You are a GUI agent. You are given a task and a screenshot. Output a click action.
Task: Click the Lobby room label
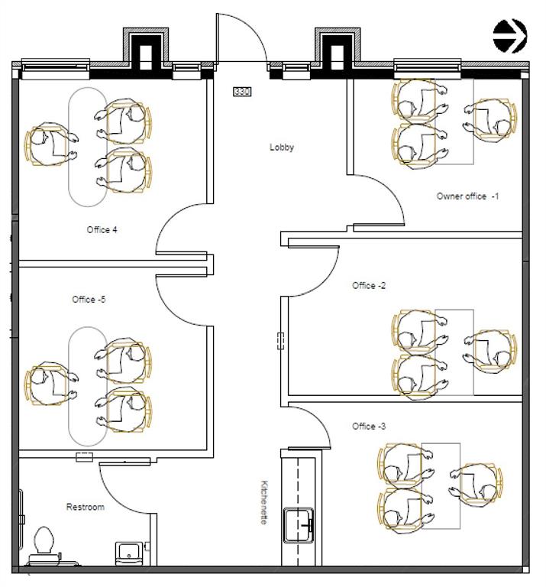[x=282, y=148]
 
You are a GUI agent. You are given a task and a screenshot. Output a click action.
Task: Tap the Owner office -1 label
[x=467, y=196]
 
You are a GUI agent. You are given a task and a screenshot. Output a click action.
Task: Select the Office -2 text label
[x=369, y=286]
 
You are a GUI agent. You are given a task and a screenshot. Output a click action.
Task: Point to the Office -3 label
[x=369, y=426]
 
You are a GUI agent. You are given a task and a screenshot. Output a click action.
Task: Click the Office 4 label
[x=102, y=230]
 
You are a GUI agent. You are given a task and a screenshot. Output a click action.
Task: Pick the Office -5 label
[x=89, y=300]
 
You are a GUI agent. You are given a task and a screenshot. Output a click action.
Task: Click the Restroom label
[x=85, y=507]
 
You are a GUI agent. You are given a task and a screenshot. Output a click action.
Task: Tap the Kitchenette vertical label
[x=264, y=501]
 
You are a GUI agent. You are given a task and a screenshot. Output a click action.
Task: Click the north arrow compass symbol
[x=509, y=35]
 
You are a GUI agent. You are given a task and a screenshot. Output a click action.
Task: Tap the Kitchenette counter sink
[x=299, y=525]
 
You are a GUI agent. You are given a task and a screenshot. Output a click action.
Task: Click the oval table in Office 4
[x=88, y=146]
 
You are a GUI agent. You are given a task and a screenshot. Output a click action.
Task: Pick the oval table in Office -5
[x=88, y=386]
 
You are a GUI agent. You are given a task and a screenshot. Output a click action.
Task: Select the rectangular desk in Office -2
[x=454, y=352]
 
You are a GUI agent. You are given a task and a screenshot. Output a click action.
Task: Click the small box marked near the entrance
[x=242, y=92]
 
